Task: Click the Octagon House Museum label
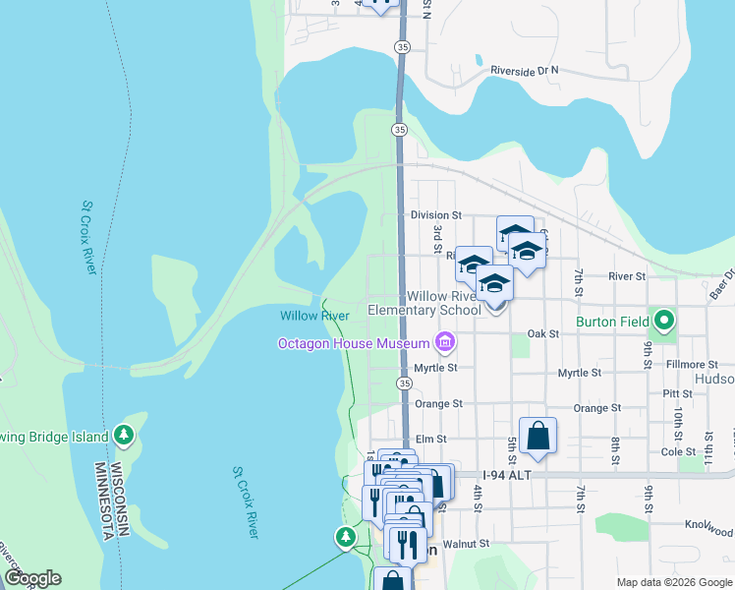click(x=353, y=343)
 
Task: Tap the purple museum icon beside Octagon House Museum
click(x=445, y=342)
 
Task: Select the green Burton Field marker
click(x=665, y=321)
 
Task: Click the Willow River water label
click(x=314, y=316)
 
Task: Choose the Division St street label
click(x=435, y=214)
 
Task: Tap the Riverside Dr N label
click(x=524, y=71)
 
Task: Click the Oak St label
click(x=542, y=333)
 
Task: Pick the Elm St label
click(x=430, y=439)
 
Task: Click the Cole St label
click(x=678, y=451)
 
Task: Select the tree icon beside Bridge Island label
click(x=123, y=434)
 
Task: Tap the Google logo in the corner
click(x=31, y=578)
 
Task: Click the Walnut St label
click(x=465, y=543)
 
